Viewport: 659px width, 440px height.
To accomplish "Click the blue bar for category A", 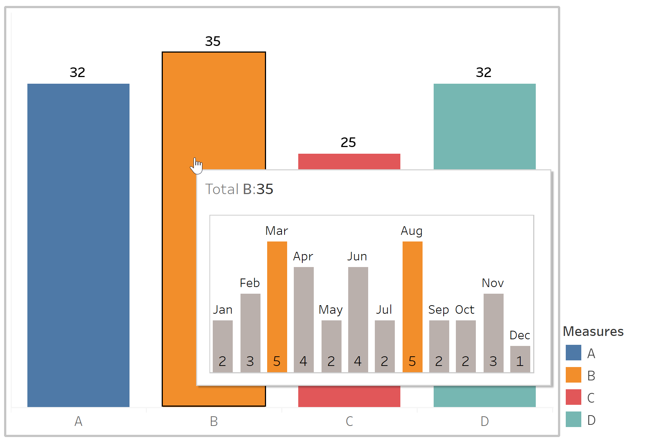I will (78, 244).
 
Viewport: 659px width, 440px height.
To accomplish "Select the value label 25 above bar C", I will (348, 143).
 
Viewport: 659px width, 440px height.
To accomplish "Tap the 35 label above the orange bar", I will (213, 41).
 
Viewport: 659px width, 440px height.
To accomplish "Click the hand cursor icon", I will (196, 165).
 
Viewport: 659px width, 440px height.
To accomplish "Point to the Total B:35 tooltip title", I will (239, 189).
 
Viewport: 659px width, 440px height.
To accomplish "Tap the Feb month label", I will (250, 283).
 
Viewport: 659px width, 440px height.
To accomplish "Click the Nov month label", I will (493, 283).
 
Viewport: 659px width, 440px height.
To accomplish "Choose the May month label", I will (331, 310).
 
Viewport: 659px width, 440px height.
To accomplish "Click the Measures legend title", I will (593, 331).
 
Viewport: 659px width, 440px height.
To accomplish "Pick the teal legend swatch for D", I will (573, 420).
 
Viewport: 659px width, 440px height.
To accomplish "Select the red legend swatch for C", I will (573, 397).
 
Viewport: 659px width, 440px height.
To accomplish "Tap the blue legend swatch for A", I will (573, 353).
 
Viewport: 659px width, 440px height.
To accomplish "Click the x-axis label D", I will (485, 421).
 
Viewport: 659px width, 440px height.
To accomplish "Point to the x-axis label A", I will (78, 421).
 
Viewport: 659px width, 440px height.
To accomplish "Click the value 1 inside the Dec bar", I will (520, 361).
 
